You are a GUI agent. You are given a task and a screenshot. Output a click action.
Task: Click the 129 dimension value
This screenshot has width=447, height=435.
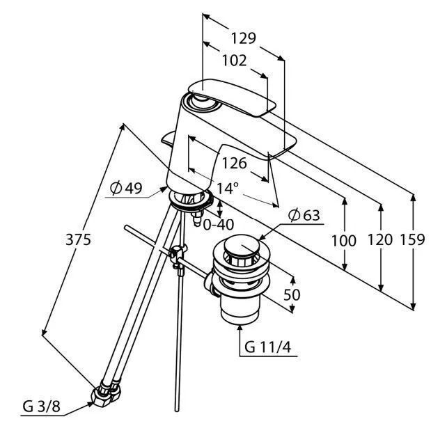(x=244, y=38)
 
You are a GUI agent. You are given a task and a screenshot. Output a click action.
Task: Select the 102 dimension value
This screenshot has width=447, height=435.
(x=235, y=61)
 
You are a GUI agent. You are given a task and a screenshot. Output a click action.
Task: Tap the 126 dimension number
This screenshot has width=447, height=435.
(x=235, y=164)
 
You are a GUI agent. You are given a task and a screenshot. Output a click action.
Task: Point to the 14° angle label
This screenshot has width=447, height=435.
(x=228, y=189)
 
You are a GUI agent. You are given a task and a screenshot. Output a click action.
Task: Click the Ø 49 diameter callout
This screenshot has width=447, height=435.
(x=126, y=188)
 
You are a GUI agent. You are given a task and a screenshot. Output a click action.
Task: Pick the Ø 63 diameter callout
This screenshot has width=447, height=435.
(x=304, y=215)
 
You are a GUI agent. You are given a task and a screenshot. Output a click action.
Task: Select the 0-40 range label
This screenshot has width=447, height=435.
(x=219, y=224)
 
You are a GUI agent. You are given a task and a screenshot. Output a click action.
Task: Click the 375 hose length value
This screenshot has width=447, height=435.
(x=79, y=239)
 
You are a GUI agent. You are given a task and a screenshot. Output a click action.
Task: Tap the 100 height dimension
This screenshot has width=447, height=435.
(x=344, y=241)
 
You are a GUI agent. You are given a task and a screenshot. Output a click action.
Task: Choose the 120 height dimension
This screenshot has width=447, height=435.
(x=380, y=239)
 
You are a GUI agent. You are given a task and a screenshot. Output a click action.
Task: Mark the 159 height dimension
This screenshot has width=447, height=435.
(x=412, y=239)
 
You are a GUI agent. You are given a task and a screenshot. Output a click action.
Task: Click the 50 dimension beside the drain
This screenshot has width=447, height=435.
(x=292, y=294)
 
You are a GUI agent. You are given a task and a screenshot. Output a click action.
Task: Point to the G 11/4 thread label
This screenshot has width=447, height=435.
(x=268, y=347)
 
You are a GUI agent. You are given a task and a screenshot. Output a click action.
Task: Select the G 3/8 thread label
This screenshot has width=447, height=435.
(x=42, y=406)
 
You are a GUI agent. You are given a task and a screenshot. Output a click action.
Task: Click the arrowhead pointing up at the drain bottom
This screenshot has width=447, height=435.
(x=240, y=329)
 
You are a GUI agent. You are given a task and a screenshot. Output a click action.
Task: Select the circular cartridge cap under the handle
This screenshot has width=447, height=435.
(x=203, y=102)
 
